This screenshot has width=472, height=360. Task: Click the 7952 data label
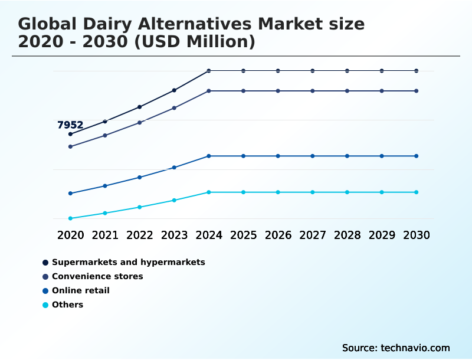pyautogui.click(x=70, y=125)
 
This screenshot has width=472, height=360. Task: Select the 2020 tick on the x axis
pyautogui.click(x=71, y=235)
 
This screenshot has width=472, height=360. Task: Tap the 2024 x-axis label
pyautogui.click(x=209, y=235)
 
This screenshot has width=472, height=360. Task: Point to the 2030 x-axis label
pyautogui.click(x=417, y=235)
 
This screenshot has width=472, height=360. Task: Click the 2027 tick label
pyautogui.click(x=313, y=235)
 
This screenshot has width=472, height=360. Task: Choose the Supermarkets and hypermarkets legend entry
pyautogui.click(x=128, y=262)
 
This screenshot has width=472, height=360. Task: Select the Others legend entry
pyautogui.click(x=67, y=305)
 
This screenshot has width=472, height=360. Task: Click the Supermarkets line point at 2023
pyautogui.click(x=174, y=90)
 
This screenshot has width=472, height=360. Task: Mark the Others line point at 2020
pyautogui.click(x=70, y=218)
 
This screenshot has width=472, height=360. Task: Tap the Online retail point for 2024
pyautogui.click(x=209, y=156)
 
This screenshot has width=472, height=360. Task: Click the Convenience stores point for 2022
pyautogui.click(x=140, y=122)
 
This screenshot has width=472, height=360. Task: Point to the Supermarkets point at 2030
pyautogui.click(x=417, y=71)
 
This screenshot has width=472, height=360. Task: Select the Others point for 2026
pyautogui.click(x=278, y=192)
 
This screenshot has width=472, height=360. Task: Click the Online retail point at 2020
pyautogui.click(x=70, y=194)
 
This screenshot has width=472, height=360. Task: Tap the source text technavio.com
pyautogui.click(x=415, y=348)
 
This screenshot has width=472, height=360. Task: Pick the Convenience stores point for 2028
pyautogui.click(x=347, y=91)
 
